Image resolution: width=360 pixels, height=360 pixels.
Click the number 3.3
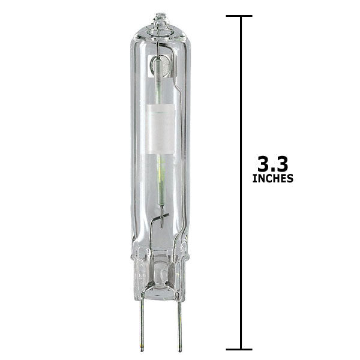(x=273, y=164)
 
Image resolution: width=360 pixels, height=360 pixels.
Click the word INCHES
(x=273, y=178)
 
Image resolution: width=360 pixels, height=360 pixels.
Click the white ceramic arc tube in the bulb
(x=160, y=129)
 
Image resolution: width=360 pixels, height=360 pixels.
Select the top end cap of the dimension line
(x=239, y=16)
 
